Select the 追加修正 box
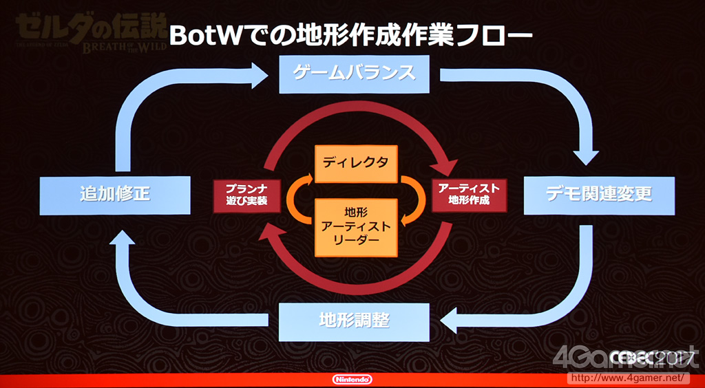pos(114,193)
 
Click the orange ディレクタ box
pos(356,163)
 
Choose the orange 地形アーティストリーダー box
pos(356,226)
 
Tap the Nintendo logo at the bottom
pos(352,379)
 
